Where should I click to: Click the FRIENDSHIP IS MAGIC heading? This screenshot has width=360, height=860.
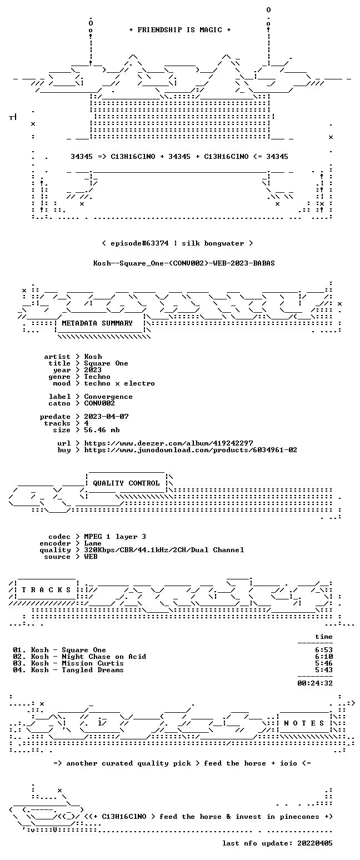point(180,30)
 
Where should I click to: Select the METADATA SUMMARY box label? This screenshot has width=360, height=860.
point(97,323)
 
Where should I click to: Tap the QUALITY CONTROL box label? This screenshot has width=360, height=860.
point(126,483)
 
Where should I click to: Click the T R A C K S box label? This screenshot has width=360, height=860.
point(47,589)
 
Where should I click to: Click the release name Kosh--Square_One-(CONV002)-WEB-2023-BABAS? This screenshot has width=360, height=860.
point(184,263)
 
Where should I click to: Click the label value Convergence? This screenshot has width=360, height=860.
point(108,397)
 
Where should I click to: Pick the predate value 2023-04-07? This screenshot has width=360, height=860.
point(106,417)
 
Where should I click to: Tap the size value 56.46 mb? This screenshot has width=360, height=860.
point(102,430)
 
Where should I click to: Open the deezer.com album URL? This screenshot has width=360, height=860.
point(168,443)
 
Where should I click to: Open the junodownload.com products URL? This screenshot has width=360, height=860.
point(191,450)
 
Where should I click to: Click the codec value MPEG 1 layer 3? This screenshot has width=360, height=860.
point(115,537)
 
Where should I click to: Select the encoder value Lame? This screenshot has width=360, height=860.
point(93,543)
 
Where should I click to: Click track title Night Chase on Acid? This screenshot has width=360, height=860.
point(104,657)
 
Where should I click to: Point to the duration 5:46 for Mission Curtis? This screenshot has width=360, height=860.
point(324,663)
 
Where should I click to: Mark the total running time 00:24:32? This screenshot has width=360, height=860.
point(315,683)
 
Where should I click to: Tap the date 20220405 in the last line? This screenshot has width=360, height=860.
point(315,843)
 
